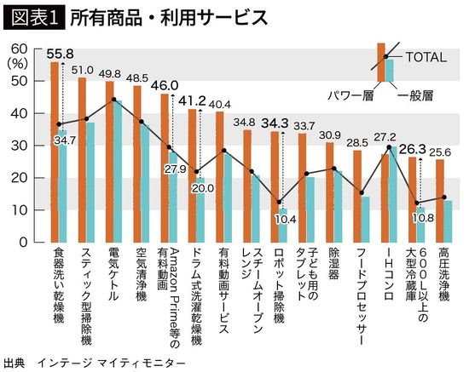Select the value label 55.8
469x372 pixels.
click(x=58, y=53)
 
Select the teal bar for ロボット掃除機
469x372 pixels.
click(x=282, y=226)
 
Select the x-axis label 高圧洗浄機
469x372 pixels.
click(x=443, y=274)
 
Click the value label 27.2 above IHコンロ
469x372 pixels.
click(x=389, y=136)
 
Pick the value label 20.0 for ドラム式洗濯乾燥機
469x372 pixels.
click(x=201, y=187)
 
